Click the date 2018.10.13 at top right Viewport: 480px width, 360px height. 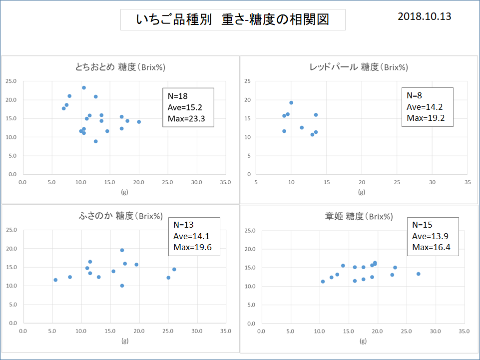pos(424,16)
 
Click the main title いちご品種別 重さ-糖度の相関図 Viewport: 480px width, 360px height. pos(233,19)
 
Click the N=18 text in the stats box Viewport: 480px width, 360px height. pos(177,96)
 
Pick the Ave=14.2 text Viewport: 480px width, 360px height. pos(424,106)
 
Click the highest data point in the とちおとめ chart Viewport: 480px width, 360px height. pos(84,87)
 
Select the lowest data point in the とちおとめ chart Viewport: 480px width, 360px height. pos(95,141)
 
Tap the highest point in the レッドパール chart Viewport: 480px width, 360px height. pos(291,103)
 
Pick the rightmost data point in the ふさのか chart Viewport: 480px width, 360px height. pos(174,269)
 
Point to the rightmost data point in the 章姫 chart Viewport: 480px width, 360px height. pos(418,274)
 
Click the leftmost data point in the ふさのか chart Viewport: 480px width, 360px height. pos(55,280)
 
